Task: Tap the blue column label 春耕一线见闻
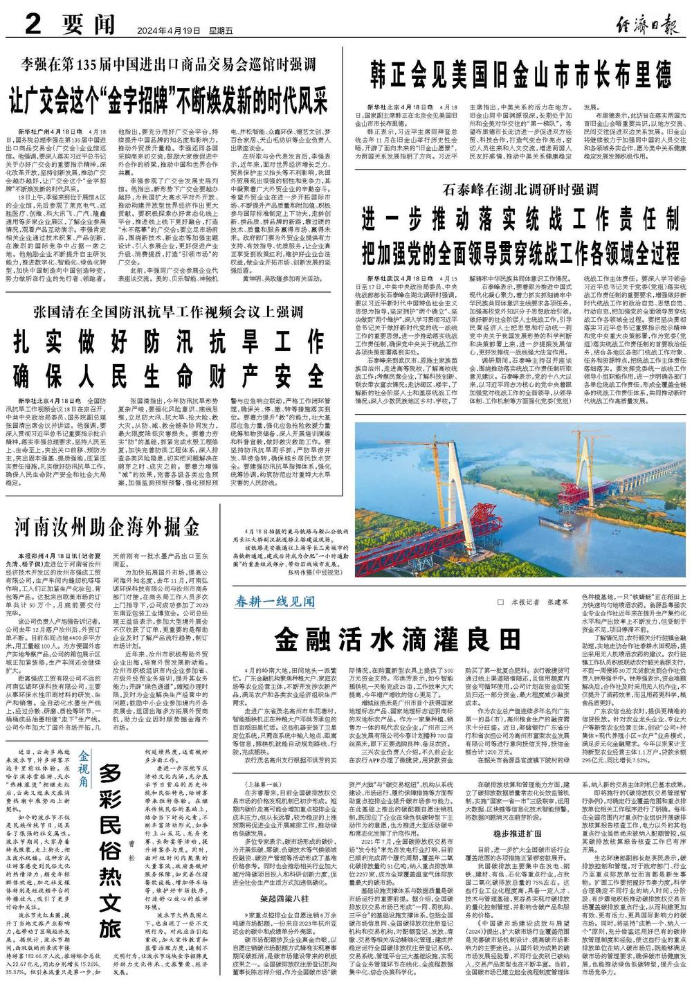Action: (276, 600)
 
